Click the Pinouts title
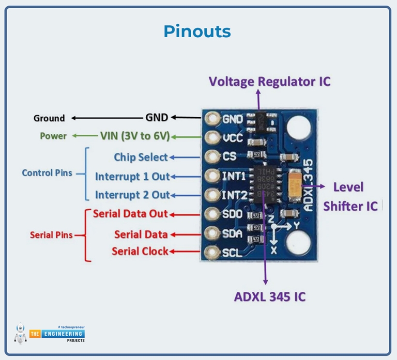point(197,31)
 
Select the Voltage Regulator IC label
point(269,81)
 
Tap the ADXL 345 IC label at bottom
point(269,296)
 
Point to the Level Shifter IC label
point(350,196)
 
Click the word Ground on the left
point(49,118)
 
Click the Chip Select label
point(141,157)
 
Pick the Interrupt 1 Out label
point(132,177)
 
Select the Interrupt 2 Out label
point(132,195)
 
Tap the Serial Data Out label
point(130,214)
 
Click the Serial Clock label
point(140,252)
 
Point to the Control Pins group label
point(47,173)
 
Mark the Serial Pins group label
point(51,235)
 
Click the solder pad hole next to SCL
point(211,253)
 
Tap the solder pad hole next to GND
point(211,118)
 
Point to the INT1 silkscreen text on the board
point(234,176)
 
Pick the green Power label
point(53,136)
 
